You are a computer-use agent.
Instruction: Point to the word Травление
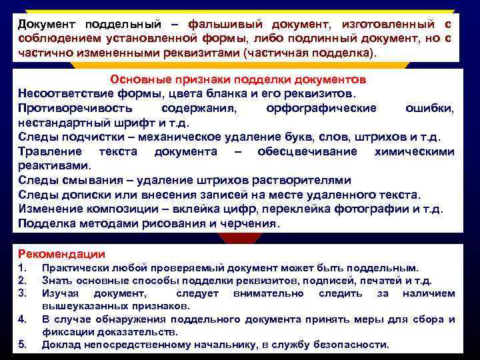point(51,151)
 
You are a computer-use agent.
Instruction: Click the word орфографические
point(321,108)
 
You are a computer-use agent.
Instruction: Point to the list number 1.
point(22,268)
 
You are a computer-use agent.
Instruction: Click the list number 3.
point(22,293)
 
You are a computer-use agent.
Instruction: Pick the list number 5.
point(22,345)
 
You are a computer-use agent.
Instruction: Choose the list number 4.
point(22,319)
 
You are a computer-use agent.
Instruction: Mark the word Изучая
point(60,293)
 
